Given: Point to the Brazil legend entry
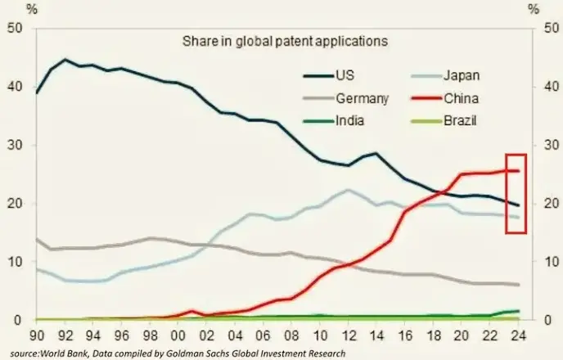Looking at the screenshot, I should pyautogui.click(x=459, y=121).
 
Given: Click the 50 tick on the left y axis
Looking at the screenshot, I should pyautogui.click(x=14, y=29).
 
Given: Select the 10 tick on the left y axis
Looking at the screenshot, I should pyautogui.click(x=14, y=262).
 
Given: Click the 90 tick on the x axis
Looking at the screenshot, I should pyautogui.click(x=37, y=335).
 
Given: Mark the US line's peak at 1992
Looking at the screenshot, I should pyautogui.click(x=65, y=60).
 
